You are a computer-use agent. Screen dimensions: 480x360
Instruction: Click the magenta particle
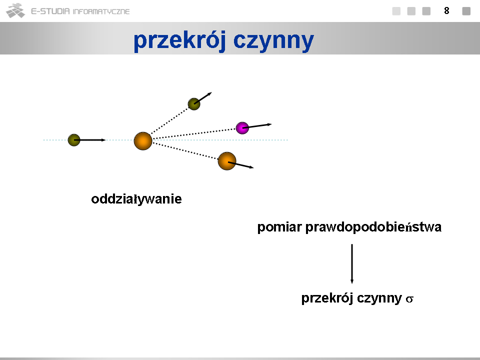(x=242, y=128)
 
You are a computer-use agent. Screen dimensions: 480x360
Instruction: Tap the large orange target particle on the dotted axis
(x=143, y=141)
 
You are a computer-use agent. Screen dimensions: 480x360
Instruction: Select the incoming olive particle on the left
(x=74, y=140)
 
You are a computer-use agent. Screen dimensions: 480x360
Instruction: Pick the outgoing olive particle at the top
(x=194, y=104)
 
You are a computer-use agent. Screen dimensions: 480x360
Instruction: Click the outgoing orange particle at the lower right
(x=227, y=161)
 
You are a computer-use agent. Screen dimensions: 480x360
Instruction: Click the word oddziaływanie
(x=136, y=199)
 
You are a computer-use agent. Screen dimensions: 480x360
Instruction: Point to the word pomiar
(x=279, y=227)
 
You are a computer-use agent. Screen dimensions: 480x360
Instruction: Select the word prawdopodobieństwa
(x=373, y=227)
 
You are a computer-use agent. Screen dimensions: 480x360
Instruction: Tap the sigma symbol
(x=409, y=299)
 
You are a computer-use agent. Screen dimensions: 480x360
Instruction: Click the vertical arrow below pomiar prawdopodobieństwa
(x=352, y=264)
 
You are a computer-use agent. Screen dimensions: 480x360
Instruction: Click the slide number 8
(x=446, y=10)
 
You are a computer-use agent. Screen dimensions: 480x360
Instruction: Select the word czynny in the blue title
(x=273, y=40)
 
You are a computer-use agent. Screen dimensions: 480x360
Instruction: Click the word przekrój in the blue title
(x=180, y=40)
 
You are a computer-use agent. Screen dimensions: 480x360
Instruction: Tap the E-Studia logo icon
(x=15, y=10)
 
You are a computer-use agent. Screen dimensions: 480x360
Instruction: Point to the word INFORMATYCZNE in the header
(x=101, y=11)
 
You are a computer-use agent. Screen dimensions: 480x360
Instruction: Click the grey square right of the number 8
(x=466, y=11)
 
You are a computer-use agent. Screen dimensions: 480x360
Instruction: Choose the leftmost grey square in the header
(x=396, y=11)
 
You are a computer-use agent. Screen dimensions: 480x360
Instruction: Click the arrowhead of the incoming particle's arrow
(x=103, y=140)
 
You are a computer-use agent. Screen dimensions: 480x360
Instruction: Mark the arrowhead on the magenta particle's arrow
(x=269, y=124)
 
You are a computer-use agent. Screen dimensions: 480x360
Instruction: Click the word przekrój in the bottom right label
(x=327, y=298)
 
